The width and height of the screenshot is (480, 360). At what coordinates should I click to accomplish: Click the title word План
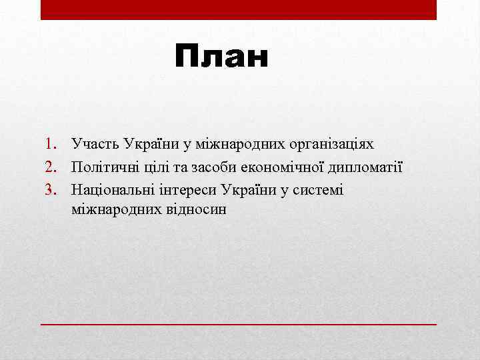[x=222, y=58]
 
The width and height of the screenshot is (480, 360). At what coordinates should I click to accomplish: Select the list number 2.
[x=51, y=167]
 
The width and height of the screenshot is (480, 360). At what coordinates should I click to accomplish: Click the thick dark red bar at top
[x=239, y=9]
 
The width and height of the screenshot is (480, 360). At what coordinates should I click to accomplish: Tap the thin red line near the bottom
[x=239, y=323]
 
